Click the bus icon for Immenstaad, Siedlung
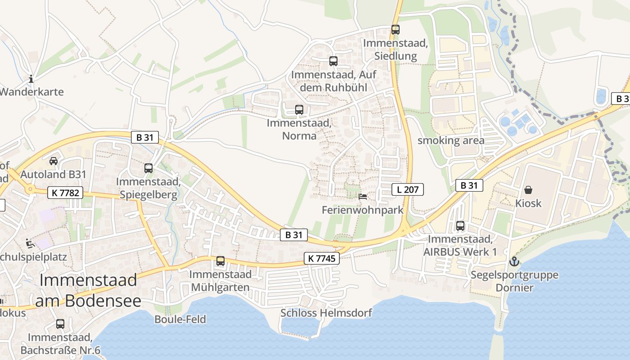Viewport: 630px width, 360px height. (x=395, y=30)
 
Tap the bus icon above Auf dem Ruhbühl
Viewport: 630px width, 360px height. (x=333, y=61)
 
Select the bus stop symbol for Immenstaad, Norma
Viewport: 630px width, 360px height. (x=299, y=109)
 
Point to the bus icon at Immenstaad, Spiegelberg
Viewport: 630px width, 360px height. (x=148, y=168)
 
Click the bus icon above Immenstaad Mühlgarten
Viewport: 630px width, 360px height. (x=220, y=261)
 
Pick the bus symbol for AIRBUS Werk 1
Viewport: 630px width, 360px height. (x=460, y=226)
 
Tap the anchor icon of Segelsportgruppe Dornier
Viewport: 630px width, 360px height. (x=513, y=261)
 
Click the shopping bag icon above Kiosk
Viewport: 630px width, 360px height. (x=528, y=190)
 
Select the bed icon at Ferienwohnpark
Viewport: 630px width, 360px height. (x=363, y=197)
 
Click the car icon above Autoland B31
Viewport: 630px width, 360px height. (x=53, y=161)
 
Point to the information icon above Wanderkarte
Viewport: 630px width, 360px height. (x=31, y=79)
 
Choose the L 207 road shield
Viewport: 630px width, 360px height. (x=408, y=189)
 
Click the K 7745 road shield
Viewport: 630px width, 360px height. (x=321, y=258)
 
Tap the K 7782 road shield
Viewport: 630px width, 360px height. (x=66, y=193)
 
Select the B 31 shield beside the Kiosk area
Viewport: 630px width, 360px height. (x=469, y=185)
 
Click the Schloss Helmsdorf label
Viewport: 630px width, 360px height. (x=326, y=313)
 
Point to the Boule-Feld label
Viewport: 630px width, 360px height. (x=180, y=319)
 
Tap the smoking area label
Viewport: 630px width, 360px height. (x=451, y=140)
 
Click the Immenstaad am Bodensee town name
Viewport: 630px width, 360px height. (x=88, y=291)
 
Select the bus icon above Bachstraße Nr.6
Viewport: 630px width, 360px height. (x=60, y=324)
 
